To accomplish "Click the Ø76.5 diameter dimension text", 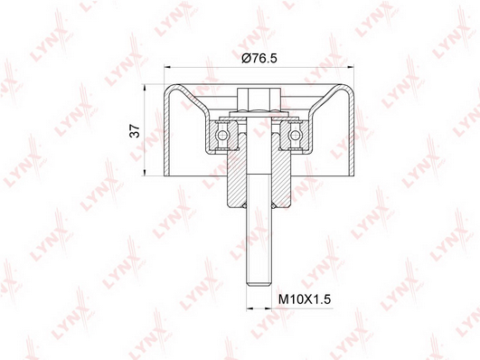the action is pos(259,58).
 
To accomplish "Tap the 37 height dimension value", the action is pos(135,131).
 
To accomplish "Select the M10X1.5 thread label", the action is pos(305,299).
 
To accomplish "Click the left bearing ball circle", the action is pos(222,135).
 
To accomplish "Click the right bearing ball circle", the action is pos(295,135).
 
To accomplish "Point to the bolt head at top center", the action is pos(259,99).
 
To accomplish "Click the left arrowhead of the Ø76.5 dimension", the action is pos(167,66).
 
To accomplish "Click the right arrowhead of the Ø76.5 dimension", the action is pos(351,66).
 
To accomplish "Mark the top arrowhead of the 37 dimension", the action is pos(145,87).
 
